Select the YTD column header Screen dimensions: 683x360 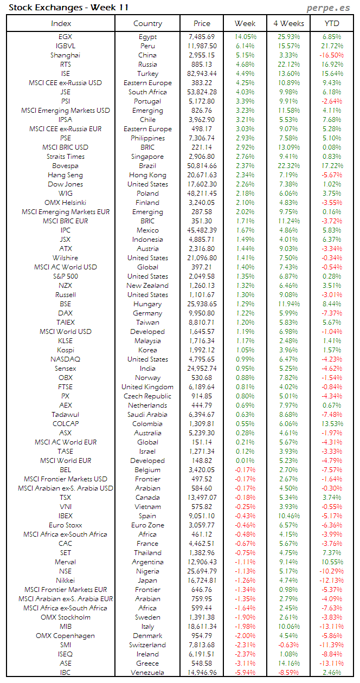coord(332,23)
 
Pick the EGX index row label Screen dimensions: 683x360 coord(65,37)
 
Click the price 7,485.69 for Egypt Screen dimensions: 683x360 coord(201,37)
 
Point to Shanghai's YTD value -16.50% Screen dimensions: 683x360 coord(332,55)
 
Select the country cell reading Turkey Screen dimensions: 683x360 coord(147,74)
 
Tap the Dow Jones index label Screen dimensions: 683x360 coord(65,184)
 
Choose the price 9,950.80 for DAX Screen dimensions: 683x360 coord(201,313)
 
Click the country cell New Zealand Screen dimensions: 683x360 coord(147,286)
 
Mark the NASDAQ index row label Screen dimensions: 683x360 coord(65,359)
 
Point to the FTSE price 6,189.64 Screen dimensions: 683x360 coord(201,387)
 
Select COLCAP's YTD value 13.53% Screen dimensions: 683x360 coord(332,424)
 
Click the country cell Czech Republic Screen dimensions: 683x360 coord(147,396)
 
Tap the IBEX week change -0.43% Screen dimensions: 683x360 coord(245,516)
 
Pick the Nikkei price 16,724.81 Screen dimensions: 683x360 coord(201,581)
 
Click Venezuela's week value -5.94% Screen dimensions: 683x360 coord(245,673)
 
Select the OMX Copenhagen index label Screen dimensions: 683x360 coord(65,636)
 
